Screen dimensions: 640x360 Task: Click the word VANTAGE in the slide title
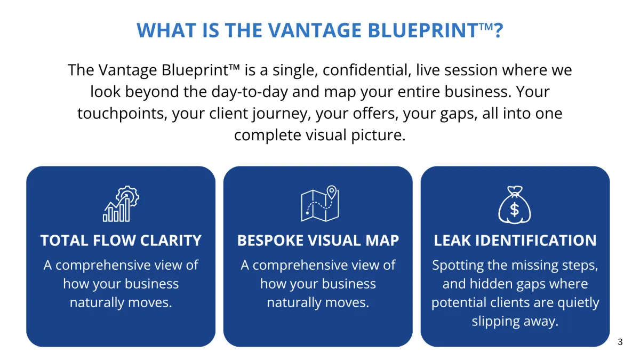[315, 30]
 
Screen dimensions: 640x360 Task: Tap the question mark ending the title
[499, 30]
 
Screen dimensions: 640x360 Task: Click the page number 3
[620, 342]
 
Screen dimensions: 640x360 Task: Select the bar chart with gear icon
[121, 203]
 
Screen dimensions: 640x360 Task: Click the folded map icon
[320, 203]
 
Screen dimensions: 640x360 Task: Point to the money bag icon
[515, 205]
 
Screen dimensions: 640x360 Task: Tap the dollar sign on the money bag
[515, 210]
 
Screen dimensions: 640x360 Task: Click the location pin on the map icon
[331, 192]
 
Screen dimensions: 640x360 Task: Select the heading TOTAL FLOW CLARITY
[121, 241]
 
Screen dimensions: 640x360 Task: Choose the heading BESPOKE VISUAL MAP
[318, 241]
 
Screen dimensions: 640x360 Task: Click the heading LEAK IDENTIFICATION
[515, 241]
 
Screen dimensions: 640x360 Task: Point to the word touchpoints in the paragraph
[122, 114]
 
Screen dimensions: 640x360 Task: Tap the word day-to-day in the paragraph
[250, 92]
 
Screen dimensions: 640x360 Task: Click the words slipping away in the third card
[515, 322]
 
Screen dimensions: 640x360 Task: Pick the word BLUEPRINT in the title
[423, 30]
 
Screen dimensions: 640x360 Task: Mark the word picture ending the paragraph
[378, 135]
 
